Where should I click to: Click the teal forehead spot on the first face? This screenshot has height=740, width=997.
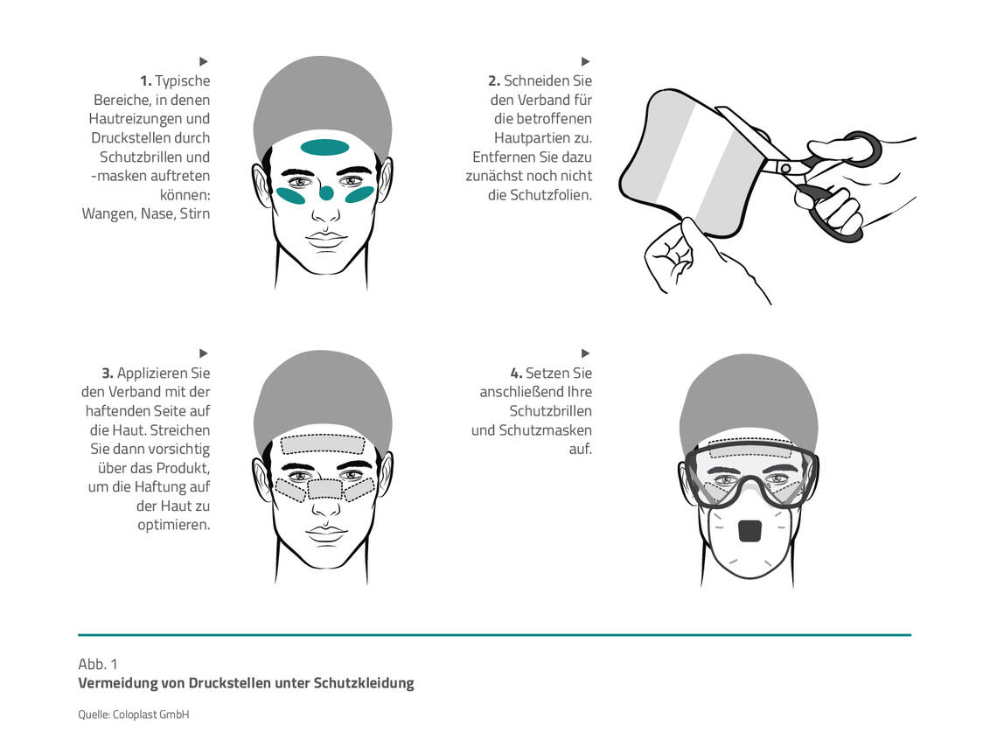click(324, 148)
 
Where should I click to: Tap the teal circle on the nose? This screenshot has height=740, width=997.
click(326, 192)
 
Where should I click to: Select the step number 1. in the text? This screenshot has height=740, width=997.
click(145, 80)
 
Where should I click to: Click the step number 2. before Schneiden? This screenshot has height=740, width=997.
click(494, 80)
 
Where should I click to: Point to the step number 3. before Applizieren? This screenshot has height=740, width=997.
click(108, 373)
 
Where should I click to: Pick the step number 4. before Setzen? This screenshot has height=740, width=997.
click(516, 373)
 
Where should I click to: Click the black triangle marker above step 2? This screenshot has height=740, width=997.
click(586, 61)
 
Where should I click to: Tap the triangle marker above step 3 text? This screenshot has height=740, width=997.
click(204, 353)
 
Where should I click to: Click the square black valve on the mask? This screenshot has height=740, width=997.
click(750, 532)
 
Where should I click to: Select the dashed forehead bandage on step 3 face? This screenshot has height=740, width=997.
click(323, 443)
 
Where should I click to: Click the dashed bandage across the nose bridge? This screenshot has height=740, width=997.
click(325, 489)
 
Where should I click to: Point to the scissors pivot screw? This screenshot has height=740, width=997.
click(786, 169)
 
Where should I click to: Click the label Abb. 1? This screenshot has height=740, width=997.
click(98, 665)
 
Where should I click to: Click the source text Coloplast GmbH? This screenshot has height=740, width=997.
click(150, 715)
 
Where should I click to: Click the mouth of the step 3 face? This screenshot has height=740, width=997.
click(326, 533)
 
